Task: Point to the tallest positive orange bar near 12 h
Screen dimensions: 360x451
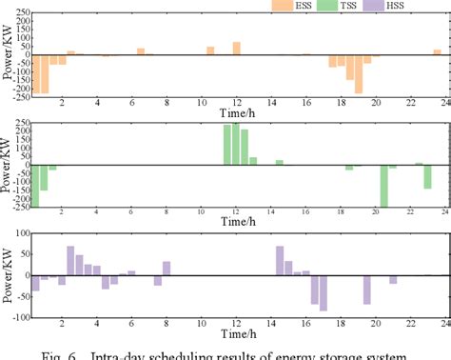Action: [x=236, y=48]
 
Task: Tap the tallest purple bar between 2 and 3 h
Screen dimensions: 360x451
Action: [x=70, y=261]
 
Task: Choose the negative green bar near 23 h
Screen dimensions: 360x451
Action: [x=428, y=175]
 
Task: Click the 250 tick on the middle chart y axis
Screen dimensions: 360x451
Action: [x=19, y=123]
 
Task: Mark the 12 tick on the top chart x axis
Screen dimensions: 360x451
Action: [x=236, y=103]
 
